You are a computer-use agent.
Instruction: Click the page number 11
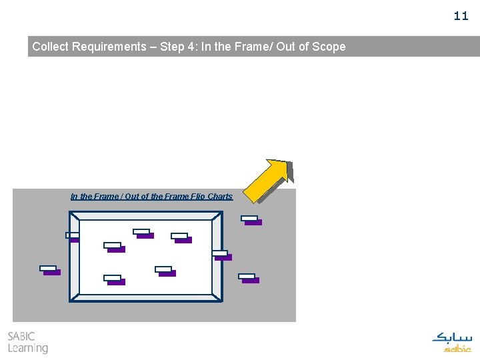461,16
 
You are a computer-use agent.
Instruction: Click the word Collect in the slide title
52,47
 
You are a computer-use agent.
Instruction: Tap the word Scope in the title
330,47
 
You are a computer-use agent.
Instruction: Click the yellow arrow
268,180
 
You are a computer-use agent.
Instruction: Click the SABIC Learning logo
27,342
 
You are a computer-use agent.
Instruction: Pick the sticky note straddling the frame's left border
73,236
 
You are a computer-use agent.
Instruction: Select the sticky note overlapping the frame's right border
222,255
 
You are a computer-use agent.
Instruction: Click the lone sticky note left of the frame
50,270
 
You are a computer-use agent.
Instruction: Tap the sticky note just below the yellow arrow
251,220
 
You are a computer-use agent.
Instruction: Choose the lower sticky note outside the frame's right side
249,278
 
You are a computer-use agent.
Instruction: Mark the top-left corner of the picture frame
71,213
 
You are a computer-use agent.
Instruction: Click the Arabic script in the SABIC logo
452,337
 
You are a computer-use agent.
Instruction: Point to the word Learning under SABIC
28,348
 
